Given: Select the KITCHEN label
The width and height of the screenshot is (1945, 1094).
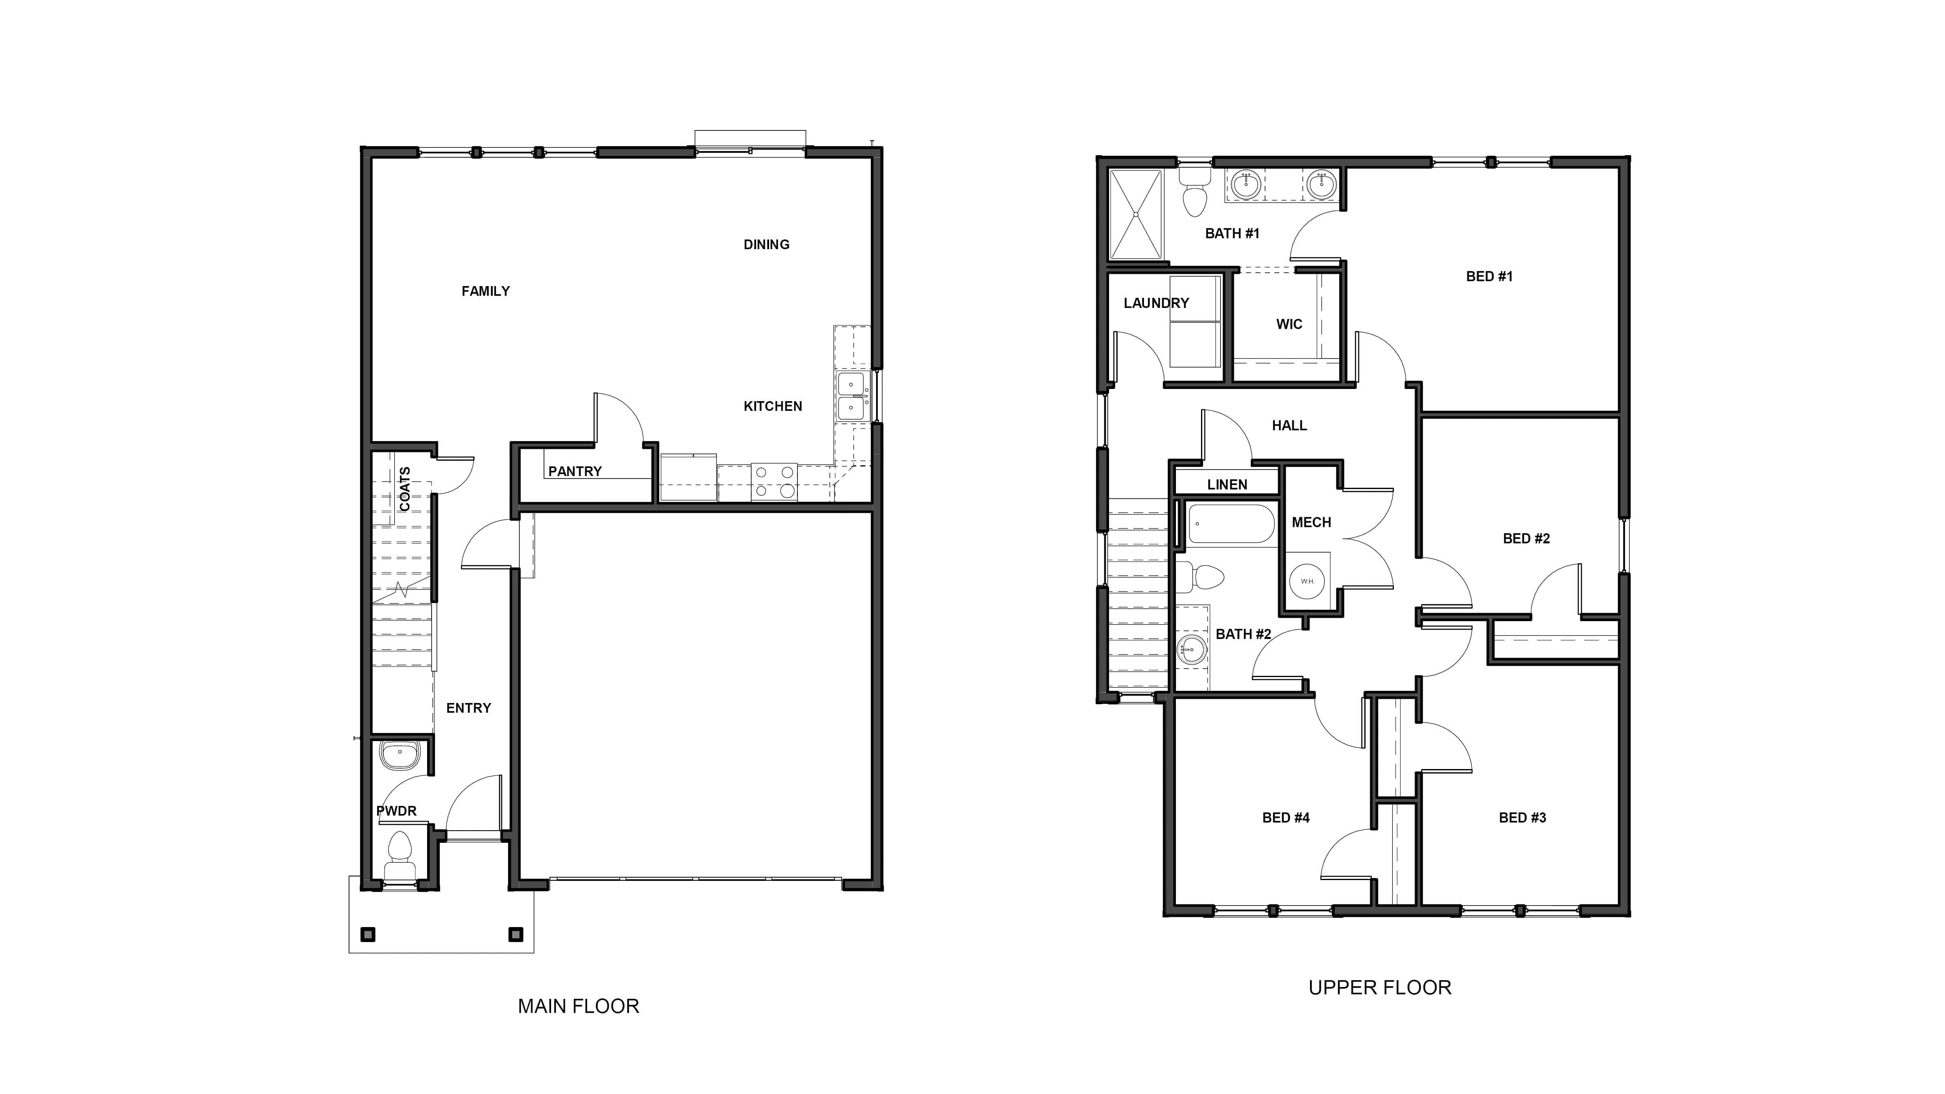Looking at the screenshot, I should [x=772, y=406].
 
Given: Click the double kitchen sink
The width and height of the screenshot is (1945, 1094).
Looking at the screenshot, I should [x=851, y=396].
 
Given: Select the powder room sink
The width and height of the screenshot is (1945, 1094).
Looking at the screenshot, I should [x=400, y=754].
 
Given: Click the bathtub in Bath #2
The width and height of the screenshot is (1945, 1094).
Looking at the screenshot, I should [x=1231, y=524].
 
